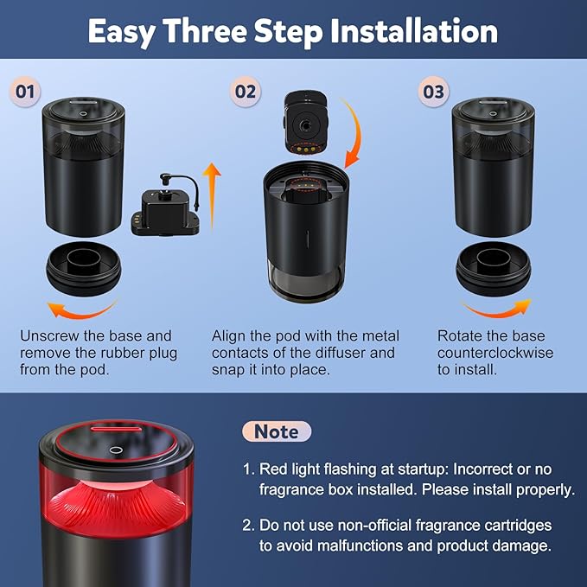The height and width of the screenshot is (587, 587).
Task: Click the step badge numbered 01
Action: (x=25, y=92)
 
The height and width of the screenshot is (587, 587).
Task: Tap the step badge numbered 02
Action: (x=246, y=92)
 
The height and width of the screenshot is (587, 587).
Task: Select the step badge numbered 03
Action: (x=433, y=92)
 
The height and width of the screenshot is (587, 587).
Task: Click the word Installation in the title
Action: (x=414, y=31)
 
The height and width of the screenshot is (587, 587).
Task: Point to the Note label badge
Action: (x=277, y=431)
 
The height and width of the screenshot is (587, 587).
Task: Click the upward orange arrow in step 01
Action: (x=212, y=195)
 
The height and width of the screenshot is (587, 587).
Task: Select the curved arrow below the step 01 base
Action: (x=81, y=310)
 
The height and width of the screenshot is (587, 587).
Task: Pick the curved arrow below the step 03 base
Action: (x=497, y=309)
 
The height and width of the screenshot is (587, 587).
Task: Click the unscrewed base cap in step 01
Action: (x=84, y=268)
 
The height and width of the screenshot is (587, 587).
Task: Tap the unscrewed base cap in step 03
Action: (x=494, y=268)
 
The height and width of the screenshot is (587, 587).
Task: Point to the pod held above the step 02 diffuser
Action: (x=306, y=123)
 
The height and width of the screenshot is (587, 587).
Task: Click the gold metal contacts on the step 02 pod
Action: (x=305, y=149)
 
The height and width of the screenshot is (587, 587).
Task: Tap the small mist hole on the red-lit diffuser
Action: (x=115, y=450)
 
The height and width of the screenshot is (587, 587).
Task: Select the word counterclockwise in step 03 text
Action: (x=494, y=353)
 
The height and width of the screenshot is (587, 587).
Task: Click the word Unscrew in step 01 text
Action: (x=49, y=335)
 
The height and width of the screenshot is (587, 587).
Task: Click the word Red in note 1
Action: (x=273, y=469)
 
